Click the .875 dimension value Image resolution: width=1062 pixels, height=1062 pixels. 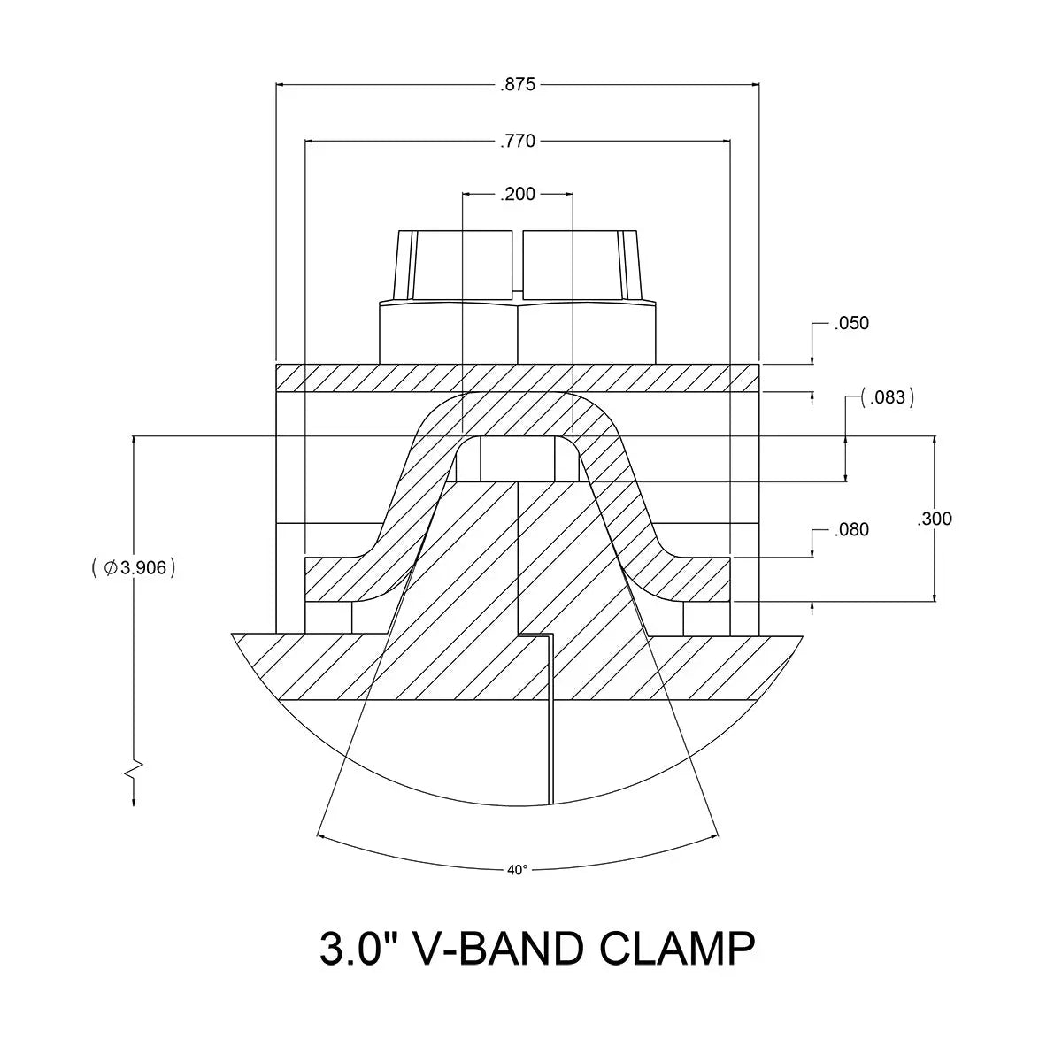click(x=518, y=85)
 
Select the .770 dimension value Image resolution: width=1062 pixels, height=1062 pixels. click(x=518, y=141)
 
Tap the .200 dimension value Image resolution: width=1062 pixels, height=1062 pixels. click(x=518, y=195)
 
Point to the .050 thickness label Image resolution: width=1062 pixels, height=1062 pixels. click(x=851, y=323)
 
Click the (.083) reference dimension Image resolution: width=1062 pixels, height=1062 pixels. click(x=888, y=397)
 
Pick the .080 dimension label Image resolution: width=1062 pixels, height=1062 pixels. click(x=851, y=530)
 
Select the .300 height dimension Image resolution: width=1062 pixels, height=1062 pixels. click(x=935, y=519)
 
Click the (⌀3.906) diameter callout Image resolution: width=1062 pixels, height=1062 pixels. click(x=134, y=568)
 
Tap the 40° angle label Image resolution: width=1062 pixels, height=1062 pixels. click(x=518, y=870)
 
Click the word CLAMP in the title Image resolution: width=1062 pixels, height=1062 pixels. click(x=677, y=949)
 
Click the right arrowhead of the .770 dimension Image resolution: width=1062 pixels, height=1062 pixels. click(x=725, y=141)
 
